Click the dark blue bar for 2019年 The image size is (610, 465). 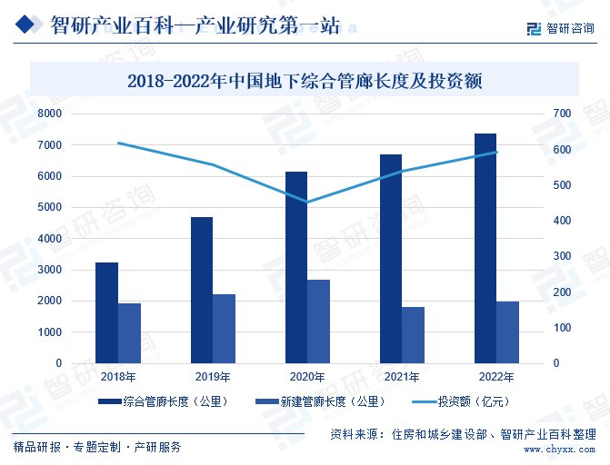[201, 290]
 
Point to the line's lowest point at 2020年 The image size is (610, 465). [307, 203]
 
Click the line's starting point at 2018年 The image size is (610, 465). [118, 143]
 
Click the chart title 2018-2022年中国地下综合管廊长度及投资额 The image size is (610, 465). [305, 81]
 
